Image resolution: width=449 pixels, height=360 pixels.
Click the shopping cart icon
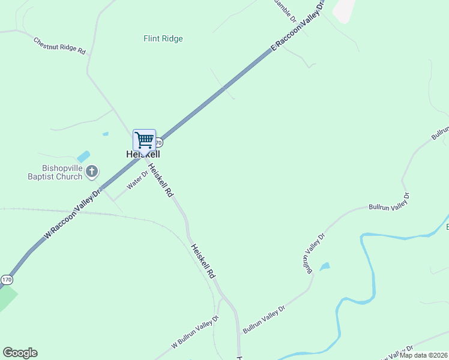tap(144, 140)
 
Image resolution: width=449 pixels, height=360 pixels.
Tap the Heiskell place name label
tap(143, 154)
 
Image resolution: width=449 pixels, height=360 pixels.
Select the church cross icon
tap(92, 173)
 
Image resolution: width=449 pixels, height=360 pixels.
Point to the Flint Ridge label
tap(163, 39)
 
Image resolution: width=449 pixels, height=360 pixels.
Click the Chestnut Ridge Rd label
tap(59, 46)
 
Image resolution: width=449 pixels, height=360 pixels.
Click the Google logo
tap(20, 353)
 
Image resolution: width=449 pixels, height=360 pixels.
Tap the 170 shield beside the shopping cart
tap(158, 143)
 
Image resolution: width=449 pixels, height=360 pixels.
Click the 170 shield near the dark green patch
tap(7, 280)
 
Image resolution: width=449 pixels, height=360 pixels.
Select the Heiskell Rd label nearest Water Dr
tap(161, 181)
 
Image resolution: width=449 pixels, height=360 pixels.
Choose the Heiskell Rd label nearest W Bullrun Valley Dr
tap(203, 260)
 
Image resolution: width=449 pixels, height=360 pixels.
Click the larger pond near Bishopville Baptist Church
tap(83, 157)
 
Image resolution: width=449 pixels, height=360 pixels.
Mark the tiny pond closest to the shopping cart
tap(106, 134)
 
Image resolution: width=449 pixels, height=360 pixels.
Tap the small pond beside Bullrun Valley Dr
tap(325, 266)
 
